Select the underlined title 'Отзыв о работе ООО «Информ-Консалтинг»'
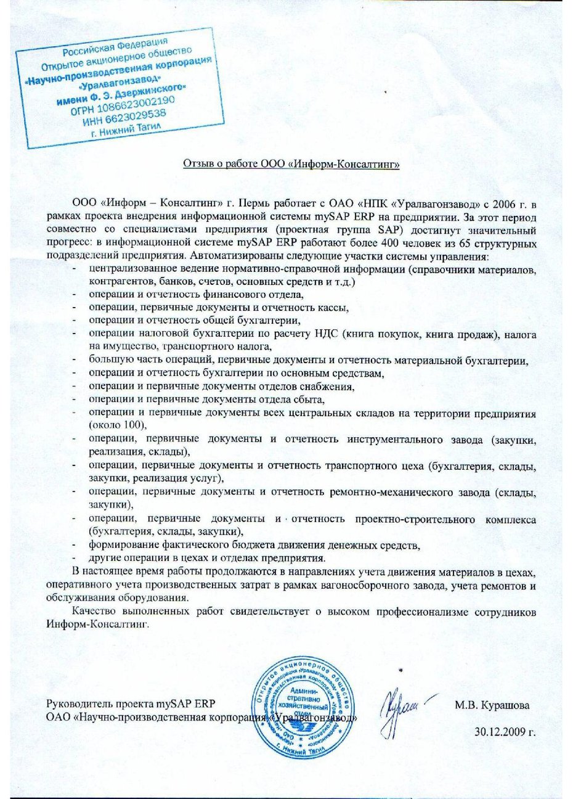point(292,164)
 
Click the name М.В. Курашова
point(492,705)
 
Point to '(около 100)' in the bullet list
point(117,425)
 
